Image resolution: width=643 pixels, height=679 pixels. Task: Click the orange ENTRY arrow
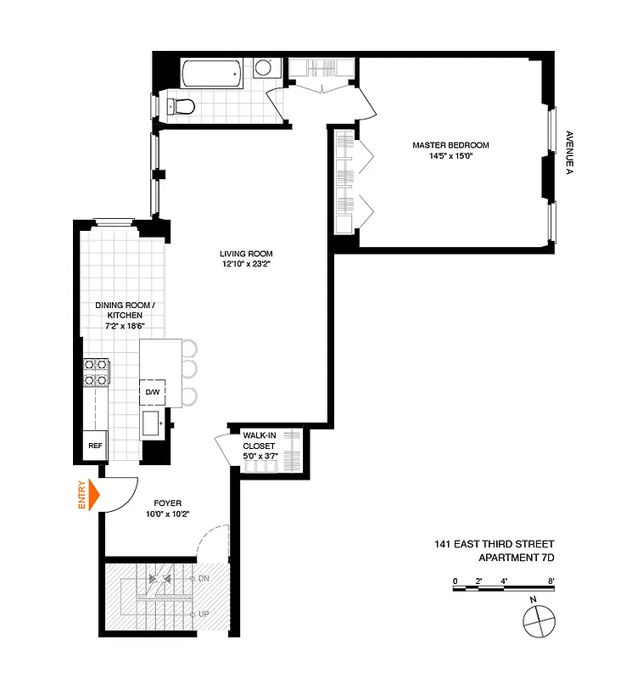(93, 496)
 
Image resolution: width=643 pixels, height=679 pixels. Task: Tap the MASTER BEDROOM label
(450, 145)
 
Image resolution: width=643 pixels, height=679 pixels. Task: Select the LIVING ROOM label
(246, 253)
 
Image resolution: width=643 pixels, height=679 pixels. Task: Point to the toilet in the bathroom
(181, 105)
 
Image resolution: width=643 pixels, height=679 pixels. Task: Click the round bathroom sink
(263, 68)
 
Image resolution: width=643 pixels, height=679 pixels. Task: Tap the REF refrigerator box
(94, 445)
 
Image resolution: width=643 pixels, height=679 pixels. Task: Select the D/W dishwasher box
(154, 392)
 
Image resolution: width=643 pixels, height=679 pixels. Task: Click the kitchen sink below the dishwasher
(153, 422)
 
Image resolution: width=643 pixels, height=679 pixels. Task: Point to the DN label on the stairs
(204, 578)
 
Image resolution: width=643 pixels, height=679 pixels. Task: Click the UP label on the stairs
(204, 614)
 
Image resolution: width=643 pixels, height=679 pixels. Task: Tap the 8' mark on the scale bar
(551, 581)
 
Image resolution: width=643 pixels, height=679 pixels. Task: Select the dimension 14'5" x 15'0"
(450, 156)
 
